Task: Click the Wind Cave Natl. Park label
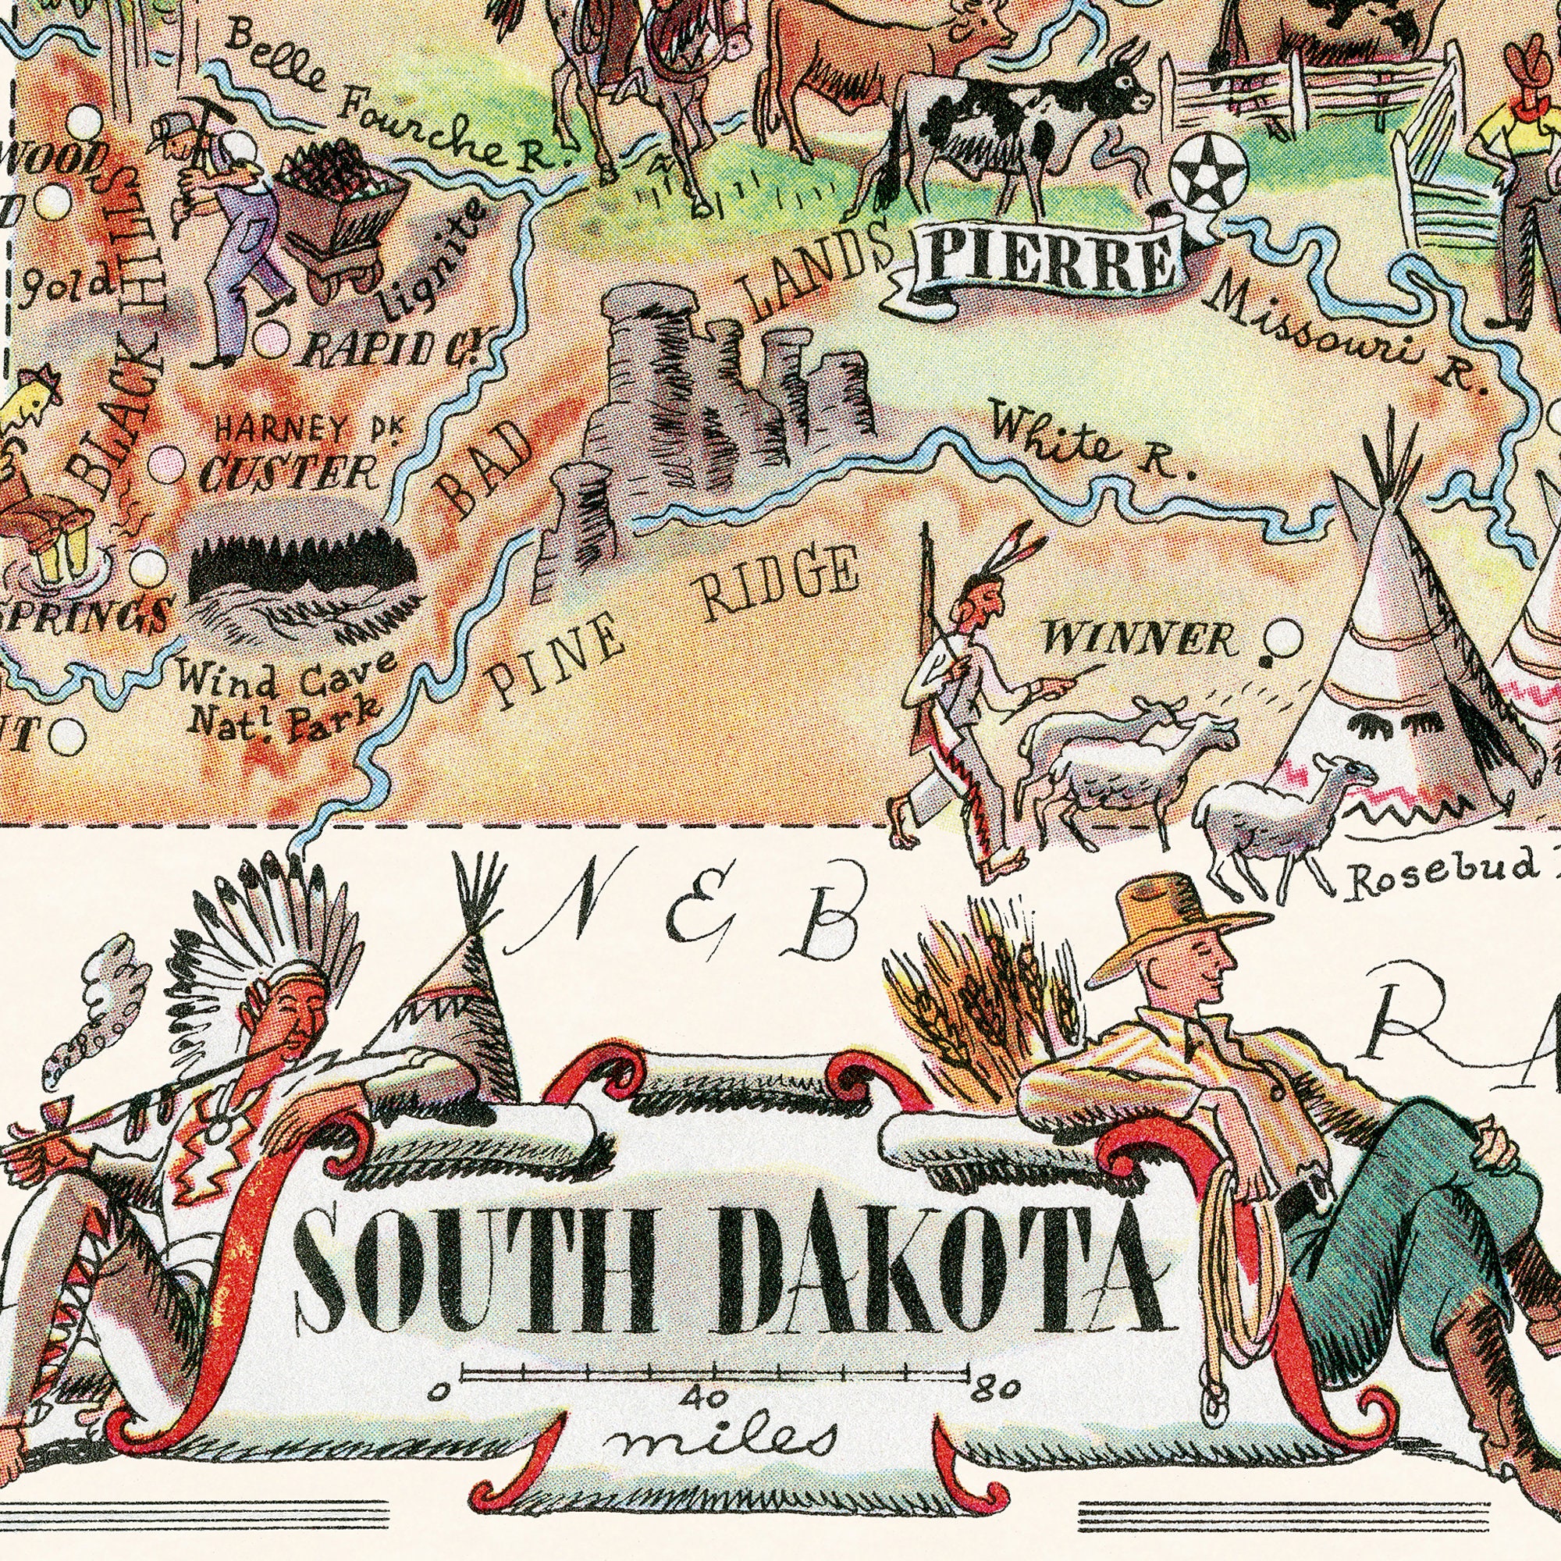tap(278, 690)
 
